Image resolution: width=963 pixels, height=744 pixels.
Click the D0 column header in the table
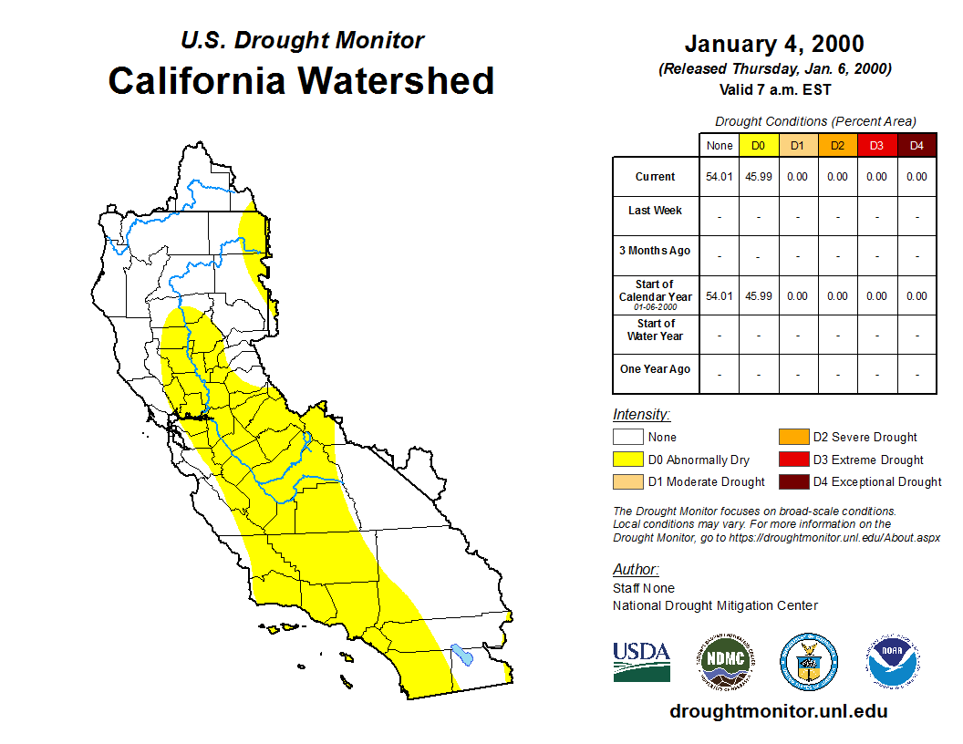[x=758, y=146]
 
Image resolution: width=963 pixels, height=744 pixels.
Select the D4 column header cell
[x=916, y=146]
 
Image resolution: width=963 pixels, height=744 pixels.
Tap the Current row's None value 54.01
[x=719, y=177]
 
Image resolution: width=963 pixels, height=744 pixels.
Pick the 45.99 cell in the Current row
[x=758, y=177]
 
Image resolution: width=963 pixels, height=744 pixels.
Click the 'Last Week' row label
[x=655, y=211]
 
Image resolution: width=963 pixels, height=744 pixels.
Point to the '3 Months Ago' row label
[x=655, y=251]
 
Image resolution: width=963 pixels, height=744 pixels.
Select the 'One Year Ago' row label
[x=655, y=369]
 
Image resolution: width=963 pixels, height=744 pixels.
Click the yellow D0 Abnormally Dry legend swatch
[x=627, y=460]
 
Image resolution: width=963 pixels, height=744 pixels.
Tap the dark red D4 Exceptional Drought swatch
[x=793, y=481]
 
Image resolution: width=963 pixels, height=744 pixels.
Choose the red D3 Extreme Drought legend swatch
[x=793, y=460]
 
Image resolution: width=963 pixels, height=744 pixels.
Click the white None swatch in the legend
[x=627, y=438]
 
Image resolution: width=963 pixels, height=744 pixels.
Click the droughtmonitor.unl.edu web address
[x=778, y=711]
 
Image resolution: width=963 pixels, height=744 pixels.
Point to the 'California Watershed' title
[x=301, y=81]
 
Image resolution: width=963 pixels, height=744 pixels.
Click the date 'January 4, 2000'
[x=774, y=44]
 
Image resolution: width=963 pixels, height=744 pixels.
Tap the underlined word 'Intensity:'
[x=641, y=414]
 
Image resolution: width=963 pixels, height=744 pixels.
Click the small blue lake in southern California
[x=462, y=655]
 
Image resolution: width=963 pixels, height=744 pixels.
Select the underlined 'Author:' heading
[x=636, y=570]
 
